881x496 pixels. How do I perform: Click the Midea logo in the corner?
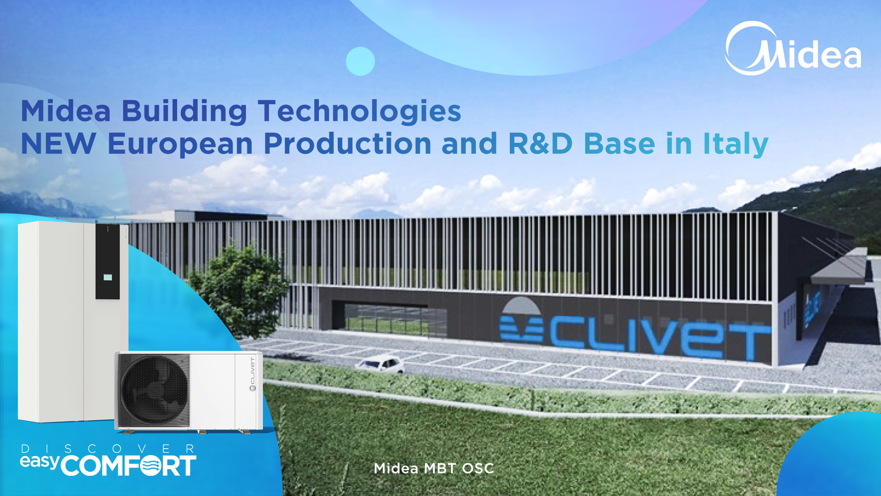click(793, 49)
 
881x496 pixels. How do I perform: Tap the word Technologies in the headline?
click(359, 112)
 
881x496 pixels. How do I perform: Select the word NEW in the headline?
click(58, 144)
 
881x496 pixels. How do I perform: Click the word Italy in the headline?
click(736, 144)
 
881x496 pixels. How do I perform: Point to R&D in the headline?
click(541, 144)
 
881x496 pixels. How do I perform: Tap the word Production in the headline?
click(347, 143)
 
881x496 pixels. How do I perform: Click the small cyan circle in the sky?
click(360, 61)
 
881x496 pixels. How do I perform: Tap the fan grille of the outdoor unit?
click(153, 390)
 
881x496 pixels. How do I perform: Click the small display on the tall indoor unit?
click(108, 277)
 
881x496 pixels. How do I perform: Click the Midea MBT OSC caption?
click(434, 468)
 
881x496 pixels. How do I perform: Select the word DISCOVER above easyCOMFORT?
click(108, 449)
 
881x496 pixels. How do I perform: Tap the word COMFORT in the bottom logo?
click(128, 466)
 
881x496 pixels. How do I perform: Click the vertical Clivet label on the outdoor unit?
click(252, 374)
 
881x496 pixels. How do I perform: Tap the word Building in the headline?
click(184, 112)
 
